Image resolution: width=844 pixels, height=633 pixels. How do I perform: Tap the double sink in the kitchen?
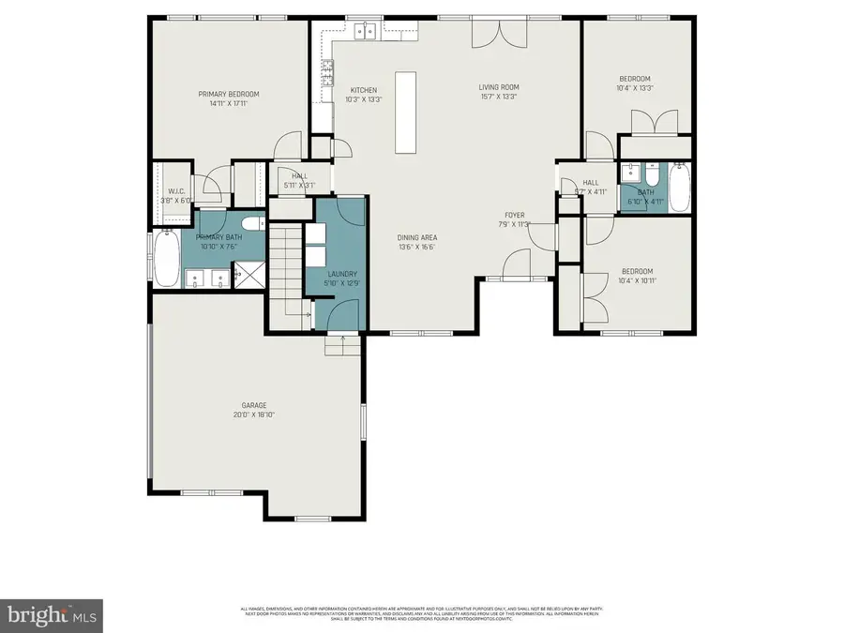pyautogui.click(x=365, y=32)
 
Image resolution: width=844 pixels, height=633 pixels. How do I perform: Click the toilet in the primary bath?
pyautogui.click(x=250, y=223)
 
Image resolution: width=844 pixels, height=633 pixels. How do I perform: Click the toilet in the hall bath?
pyautogui.click(x=653, y=176)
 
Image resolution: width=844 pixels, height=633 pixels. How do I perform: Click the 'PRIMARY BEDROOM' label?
pyautogui.click(x=228, y=94)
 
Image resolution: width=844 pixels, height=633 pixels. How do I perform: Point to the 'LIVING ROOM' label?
pyautogui.click(x=498, y=86)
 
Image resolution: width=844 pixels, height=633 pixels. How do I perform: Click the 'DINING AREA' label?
pyautogui.click(x=417, y=237)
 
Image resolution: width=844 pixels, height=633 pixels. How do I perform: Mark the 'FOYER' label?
pyautogui.click(x=515, y=214)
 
